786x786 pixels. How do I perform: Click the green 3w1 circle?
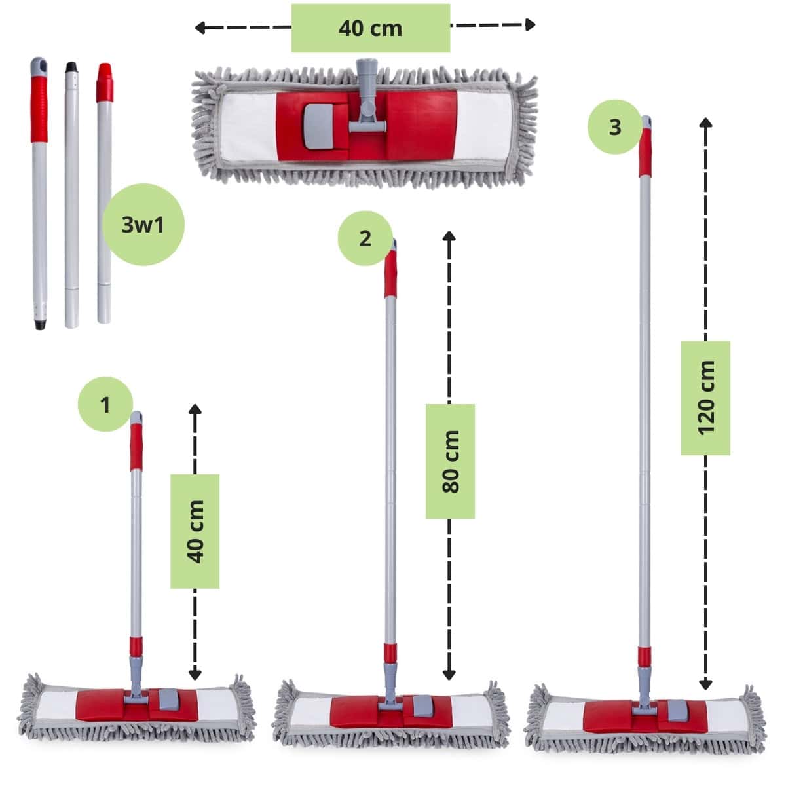143,225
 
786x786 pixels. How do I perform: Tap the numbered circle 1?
105,404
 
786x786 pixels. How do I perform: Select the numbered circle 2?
365,238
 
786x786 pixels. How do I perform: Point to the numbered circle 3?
615,127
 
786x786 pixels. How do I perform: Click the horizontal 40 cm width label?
370,29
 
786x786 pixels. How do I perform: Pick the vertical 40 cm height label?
195,531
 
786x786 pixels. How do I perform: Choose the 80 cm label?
450,461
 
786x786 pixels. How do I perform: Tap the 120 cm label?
705,398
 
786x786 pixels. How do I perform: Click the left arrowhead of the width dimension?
200,28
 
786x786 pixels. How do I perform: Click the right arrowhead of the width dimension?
531,24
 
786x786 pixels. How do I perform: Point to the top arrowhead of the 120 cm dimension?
705,122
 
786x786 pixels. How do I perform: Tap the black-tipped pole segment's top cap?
71,67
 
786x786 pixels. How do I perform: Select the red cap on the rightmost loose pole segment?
105,82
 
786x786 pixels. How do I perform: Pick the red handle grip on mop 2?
390,274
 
